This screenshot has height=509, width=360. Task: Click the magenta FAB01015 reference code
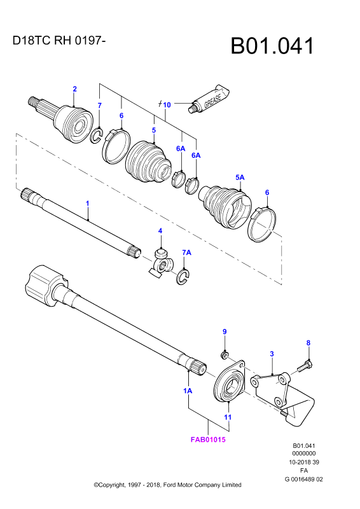208,440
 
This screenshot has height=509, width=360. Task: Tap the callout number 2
74,89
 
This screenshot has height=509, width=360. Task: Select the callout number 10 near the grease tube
167,105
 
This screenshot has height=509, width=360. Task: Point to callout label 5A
240,178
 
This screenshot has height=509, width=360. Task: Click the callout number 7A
186,253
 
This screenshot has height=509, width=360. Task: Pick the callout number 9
225,331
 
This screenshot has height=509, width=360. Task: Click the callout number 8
308,343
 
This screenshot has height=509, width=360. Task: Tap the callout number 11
228,417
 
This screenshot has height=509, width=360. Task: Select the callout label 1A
188,391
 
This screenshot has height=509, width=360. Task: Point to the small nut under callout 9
223,356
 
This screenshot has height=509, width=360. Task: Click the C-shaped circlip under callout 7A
183,277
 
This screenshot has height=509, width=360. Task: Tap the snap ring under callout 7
97,136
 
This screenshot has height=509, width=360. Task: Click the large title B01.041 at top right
272,46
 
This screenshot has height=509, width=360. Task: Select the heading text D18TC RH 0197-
59,41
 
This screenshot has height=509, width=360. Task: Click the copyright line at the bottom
167,485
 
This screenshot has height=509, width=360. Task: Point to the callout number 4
160,231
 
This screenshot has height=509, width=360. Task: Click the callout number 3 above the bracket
272,354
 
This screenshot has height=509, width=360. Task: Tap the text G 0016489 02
304,479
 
